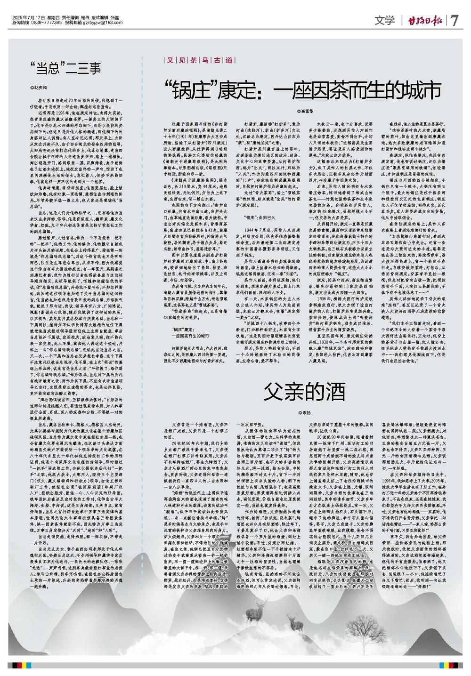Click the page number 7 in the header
[455, 21]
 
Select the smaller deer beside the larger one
[295, 623]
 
